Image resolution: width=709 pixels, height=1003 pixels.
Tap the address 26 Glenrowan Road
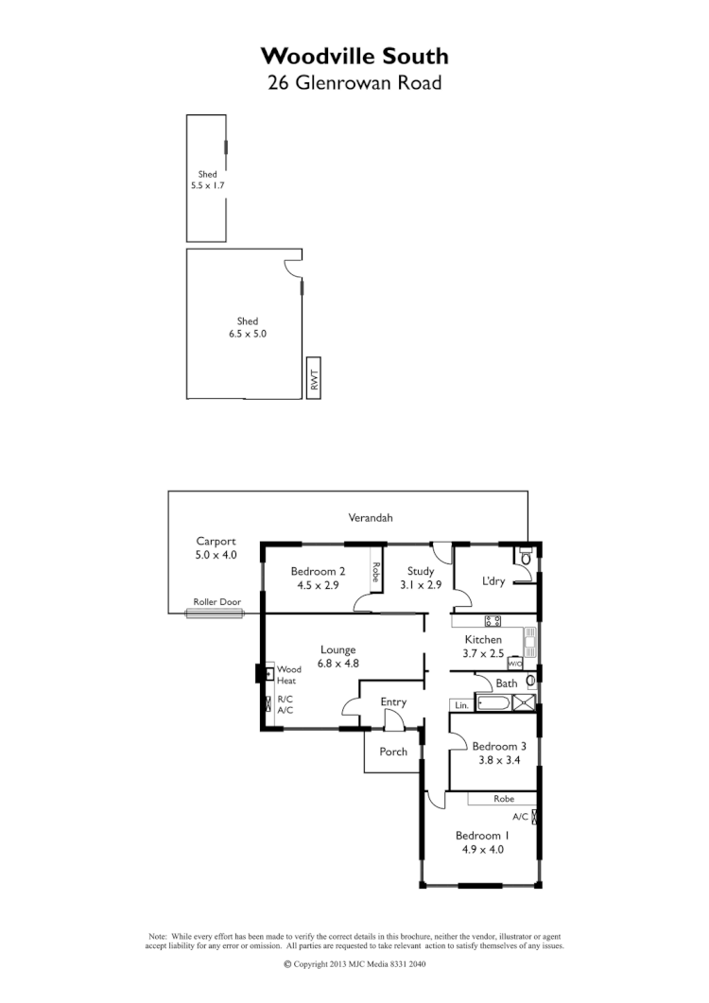coord(354,82)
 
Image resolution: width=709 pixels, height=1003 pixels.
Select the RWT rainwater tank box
coord(314,378)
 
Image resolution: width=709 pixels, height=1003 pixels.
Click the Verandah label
coord(370,518)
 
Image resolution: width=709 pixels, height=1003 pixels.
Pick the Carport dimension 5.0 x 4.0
coord(216,555)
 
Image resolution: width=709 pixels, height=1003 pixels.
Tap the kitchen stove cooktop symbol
coord(493,621)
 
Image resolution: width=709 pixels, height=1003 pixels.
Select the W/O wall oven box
coord(515,664)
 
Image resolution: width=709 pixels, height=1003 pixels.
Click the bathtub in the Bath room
coord(493,702)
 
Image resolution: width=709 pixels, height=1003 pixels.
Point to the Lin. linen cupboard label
coord(461,705)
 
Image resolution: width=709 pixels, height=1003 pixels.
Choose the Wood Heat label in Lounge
coord(288,675)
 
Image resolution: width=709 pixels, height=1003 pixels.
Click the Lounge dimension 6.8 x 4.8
coord(337,663)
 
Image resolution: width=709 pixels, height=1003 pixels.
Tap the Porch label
coord(393,752)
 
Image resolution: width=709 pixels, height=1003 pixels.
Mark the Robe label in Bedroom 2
coord(375,572)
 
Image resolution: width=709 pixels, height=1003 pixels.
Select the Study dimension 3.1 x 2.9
coord(421,585)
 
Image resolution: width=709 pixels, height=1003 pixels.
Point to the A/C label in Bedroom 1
coord(521,816)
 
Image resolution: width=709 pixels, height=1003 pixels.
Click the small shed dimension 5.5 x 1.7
coord(208,186)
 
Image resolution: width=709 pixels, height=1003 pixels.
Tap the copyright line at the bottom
coord(354,965)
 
